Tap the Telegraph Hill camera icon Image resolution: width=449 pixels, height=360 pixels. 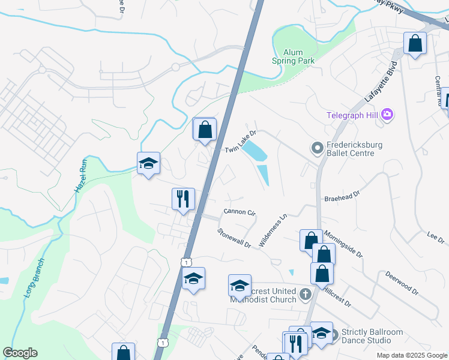pos(387,114)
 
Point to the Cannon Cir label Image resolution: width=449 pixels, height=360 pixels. pos(240,212)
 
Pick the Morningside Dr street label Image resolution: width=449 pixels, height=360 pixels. pos(343,243)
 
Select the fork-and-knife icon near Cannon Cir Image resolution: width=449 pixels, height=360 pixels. pos(183,199)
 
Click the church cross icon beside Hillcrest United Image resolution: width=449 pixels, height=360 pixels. pos(306,293)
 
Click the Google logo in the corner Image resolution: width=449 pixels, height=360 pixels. pos(20,353)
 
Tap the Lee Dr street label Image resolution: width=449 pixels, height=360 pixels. pos(435,238)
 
